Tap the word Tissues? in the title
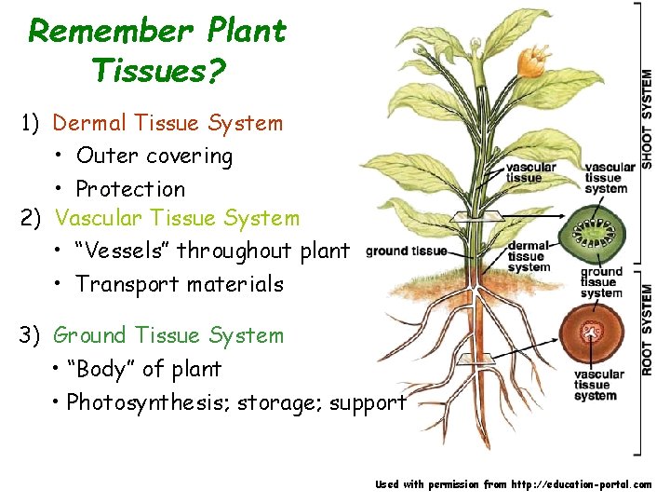pyautogui.click(x=159, y=69)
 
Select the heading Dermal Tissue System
pyautogui.click(x=167, y=123)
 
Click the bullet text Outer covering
pyautogui.click(x=154, y=156)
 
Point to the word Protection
pyautogui.click(x=130, y=189)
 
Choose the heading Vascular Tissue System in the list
pyautogui.click(x=178, y=218)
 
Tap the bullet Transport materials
pyautogui.click(x=180, y=284)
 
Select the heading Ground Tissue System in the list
pyautogui.click(x=168, y=335)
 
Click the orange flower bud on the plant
pyautogui.click(x=531, y=61)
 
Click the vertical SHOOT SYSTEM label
pyautogui.click(x=647, y=120)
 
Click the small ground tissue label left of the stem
pyautogui.click(x=407, y=251)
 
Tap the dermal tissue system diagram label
pyautogui.click(x=528, y=257)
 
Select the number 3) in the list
pyautogui.click(x=31, y=335)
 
